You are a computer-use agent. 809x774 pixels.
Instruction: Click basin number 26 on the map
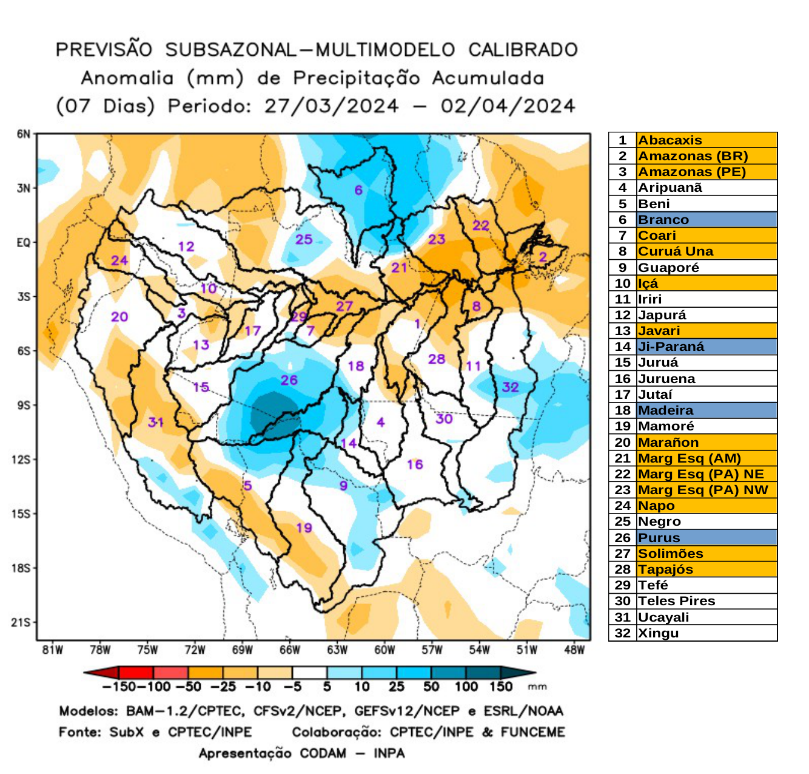(x=289, y=380)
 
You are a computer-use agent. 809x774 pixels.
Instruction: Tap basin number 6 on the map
(x=358, y=190)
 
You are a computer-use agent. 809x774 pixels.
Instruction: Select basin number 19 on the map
(x=304, y=528)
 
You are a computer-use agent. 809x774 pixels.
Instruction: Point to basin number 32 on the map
(x=510, y=387)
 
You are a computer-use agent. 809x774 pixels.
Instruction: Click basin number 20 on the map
(x=119, y=316)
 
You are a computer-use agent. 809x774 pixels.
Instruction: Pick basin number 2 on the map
(x=543, y=257)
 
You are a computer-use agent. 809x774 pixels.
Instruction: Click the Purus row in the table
(x=706, y=538)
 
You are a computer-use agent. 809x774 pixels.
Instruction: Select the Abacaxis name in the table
(x=670, y=140)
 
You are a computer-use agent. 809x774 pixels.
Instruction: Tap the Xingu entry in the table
(x=659, y=633)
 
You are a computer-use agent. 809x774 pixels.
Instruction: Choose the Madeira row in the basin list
(x=706, y=410)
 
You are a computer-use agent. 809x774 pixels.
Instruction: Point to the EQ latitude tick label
(x=23, y=243)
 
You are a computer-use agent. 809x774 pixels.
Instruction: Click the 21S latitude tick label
(x=21, y=622)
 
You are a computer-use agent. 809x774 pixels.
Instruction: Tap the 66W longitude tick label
(x=289, y=650)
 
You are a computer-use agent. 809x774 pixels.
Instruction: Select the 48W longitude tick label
(x=574, y=650)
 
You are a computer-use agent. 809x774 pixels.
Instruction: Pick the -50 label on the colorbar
(x=188, y=687)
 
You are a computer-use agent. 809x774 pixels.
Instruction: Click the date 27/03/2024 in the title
(x=331, y=106)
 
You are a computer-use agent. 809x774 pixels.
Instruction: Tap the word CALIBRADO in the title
(x=523, y=50)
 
